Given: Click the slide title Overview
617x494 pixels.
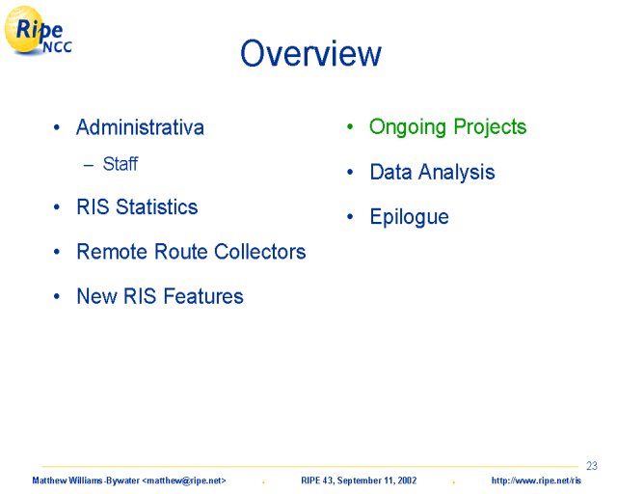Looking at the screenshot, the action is point(310,53).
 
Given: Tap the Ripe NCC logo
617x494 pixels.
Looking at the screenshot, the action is point(38,30).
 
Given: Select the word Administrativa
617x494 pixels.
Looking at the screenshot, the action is point(140,127).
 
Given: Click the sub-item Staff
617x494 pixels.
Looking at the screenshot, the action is point(121,164).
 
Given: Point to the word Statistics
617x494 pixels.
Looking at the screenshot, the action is point(156,206).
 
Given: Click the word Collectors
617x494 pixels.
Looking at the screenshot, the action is point(260,251).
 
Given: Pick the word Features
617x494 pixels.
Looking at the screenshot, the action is point(203,296).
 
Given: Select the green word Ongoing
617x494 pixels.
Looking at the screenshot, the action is point(408,127).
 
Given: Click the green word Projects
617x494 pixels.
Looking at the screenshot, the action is point(490,127).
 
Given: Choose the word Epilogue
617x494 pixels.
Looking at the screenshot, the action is point(409,217).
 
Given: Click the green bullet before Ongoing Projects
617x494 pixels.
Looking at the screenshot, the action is point(350,126).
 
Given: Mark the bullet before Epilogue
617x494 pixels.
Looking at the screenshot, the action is point(350,216).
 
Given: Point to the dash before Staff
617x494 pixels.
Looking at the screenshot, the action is point(89,165).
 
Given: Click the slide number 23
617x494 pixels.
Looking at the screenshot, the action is point(591,466).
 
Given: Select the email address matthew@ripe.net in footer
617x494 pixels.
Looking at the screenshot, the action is point(184,480).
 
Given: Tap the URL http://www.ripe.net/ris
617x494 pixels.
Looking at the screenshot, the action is point(536,480).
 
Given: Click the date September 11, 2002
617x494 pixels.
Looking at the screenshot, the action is point(377,480).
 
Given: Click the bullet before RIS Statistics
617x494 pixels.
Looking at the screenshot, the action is point(57,206).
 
